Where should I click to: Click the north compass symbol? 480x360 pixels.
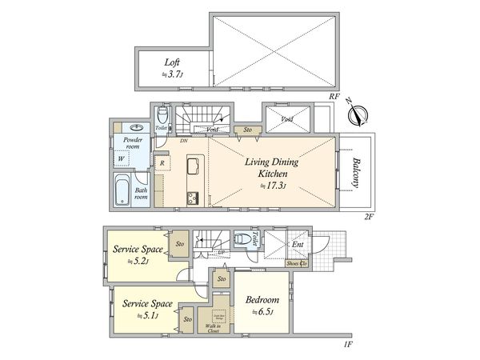click(358, 114)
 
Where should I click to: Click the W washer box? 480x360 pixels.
click(122, 159)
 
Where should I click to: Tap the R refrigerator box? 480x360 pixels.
click(162, 163)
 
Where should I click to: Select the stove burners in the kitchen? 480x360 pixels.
click(193, 198)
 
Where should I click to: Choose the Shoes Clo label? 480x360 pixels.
click(298, 263)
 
